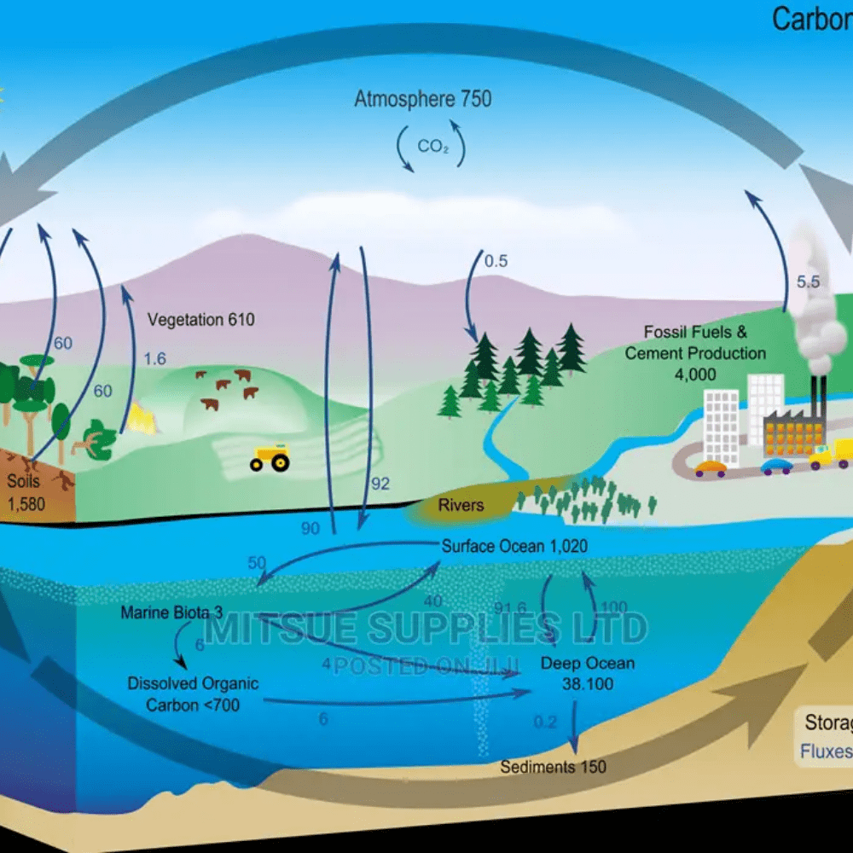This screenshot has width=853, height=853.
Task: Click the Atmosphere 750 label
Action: click(423, 99)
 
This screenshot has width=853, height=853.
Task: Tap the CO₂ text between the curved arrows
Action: click(432, 147)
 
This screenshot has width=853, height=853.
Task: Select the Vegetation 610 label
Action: click(201, 320)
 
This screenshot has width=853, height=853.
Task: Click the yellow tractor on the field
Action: click(270, 458)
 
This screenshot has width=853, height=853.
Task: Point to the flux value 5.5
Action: click(807, 281)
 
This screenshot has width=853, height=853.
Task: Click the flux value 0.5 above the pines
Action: click(496, 261)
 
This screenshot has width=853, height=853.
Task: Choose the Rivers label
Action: click(461, 505)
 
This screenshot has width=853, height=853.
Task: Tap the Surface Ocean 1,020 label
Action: click(514, 546)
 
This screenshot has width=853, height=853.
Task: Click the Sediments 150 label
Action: click(553, 767)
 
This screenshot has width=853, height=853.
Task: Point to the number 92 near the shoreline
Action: click(380, 484)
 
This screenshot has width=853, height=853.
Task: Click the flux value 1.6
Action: click(154, 359)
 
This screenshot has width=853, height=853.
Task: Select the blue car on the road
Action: click(776, 466)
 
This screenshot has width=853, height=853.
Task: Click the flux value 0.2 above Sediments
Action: click(545, 722)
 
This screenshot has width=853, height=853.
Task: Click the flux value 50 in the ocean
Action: click(257, 563)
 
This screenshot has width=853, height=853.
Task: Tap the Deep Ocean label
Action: click(588, 663)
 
